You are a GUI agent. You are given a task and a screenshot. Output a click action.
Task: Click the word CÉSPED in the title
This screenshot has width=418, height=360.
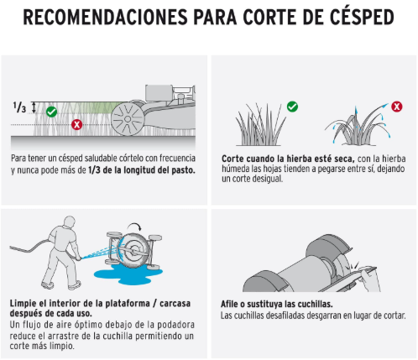362,17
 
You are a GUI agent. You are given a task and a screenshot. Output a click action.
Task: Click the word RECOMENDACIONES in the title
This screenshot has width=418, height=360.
105,18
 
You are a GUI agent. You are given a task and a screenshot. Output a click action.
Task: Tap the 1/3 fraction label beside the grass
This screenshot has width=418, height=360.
19,107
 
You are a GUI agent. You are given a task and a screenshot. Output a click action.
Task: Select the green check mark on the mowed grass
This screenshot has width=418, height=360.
51,112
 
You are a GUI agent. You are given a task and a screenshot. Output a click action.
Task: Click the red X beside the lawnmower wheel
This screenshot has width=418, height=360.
76,124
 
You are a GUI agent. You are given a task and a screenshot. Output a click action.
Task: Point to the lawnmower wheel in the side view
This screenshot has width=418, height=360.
128,119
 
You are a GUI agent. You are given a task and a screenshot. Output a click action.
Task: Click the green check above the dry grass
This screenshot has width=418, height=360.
292,107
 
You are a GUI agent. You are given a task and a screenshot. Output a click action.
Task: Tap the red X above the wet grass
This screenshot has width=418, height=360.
397,107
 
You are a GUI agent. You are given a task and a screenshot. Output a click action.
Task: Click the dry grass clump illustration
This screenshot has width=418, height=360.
260,125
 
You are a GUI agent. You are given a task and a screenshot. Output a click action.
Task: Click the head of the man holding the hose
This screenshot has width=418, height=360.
69,222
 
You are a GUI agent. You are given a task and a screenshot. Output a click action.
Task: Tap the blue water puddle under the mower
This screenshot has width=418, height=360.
128,274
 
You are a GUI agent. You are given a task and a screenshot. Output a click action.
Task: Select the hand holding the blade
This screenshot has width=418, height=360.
368,278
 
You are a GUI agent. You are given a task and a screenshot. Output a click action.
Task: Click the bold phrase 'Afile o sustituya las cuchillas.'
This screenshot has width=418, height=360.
277,304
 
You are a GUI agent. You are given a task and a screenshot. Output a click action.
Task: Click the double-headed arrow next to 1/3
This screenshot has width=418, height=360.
34,107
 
